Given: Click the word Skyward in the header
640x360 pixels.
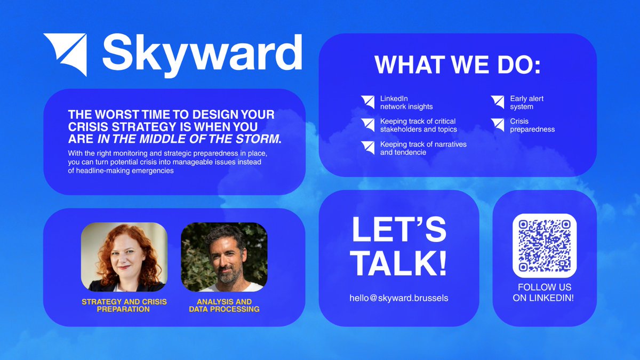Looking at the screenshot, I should click(x=202, y=53).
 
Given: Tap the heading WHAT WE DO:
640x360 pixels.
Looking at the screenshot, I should click(x=458, y=65).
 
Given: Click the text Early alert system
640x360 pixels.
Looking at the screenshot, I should click(x=526, y=102).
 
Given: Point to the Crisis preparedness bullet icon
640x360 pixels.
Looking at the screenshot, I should click(x=498, y=125).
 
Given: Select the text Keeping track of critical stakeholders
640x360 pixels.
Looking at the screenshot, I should click(x=418, y=125).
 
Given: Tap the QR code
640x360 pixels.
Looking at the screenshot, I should click(x=545, y=245).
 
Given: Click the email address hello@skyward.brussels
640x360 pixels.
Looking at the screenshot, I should click(x=399, y=298).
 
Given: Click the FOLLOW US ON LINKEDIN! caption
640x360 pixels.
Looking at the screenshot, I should click(x=543, y=293).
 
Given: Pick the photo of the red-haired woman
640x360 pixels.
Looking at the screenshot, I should click(x=124, y=257).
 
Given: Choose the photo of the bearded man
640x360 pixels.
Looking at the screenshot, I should click(x=224, y=257).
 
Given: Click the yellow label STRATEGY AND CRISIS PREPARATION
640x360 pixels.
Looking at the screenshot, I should click(x=124, y=305).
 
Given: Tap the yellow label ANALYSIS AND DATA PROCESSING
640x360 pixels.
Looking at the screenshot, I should click(x=224, y=305).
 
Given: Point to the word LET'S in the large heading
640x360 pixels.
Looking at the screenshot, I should click(x=399, y=228).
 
